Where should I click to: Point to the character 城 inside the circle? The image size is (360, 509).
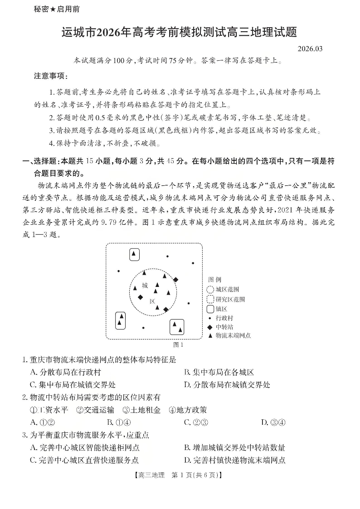(x=145, y=286)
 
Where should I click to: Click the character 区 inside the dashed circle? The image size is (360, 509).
(x=152, y=301)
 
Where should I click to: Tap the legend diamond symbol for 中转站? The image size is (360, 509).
(x=210, y=327)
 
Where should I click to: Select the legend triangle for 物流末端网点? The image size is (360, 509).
(x=210, y=335)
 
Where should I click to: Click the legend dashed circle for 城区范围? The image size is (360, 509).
(x=210, y=289)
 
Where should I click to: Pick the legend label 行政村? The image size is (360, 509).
(x=224, y=318)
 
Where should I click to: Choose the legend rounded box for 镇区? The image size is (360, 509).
(x=210, y=309)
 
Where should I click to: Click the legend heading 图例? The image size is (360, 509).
(x=214, y=280)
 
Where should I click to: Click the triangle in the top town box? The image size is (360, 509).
(x=134, y=254)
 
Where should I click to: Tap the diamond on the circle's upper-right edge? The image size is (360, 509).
(x=175, y=280)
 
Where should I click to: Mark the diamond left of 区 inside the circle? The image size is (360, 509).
(x=140, y=297)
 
